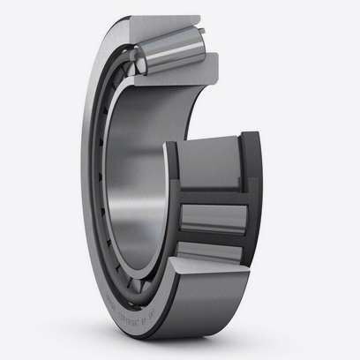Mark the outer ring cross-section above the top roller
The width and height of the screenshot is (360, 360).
tap(163, 21)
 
